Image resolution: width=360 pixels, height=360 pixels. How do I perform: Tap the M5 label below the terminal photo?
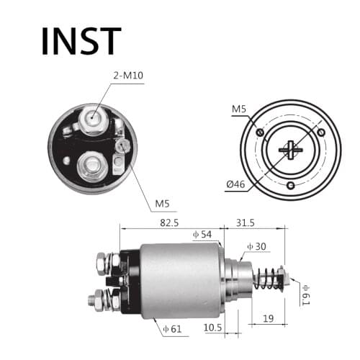[163, 204]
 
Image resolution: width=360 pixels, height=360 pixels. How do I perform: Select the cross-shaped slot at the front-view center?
[291, 149]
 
